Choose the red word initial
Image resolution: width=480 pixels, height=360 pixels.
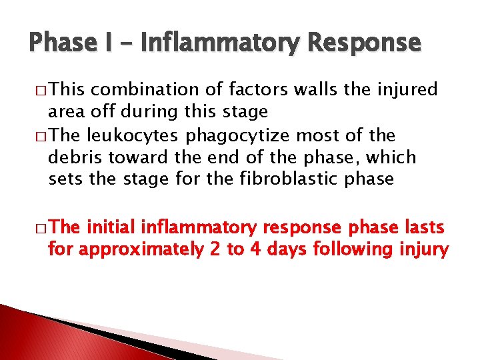(x=109, y=227)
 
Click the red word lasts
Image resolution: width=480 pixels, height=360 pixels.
(x=423, y=227)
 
